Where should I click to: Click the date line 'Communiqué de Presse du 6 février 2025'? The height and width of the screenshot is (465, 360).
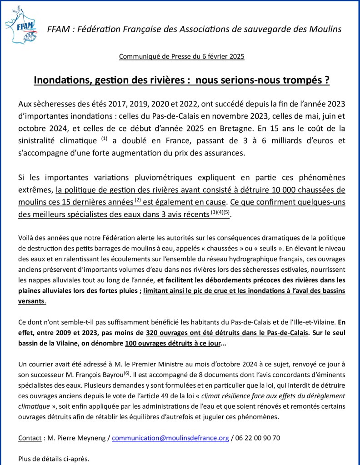pyautogui.click(x=181, y=57)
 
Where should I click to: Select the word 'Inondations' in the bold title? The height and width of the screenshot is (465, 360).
pyautogui.click(x=66, y=80)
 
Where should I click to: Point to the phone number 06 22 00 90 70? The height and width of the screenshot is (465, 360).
pyautogui.click(x=258, y=438)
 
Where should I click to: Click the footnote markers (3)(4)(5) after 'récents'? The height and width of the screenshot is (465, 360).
pyautogui.click(x=220, y=212)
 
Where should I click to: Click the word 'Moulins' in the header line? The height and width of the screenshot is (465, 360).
pyautogui.click(x=325, y=29)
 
